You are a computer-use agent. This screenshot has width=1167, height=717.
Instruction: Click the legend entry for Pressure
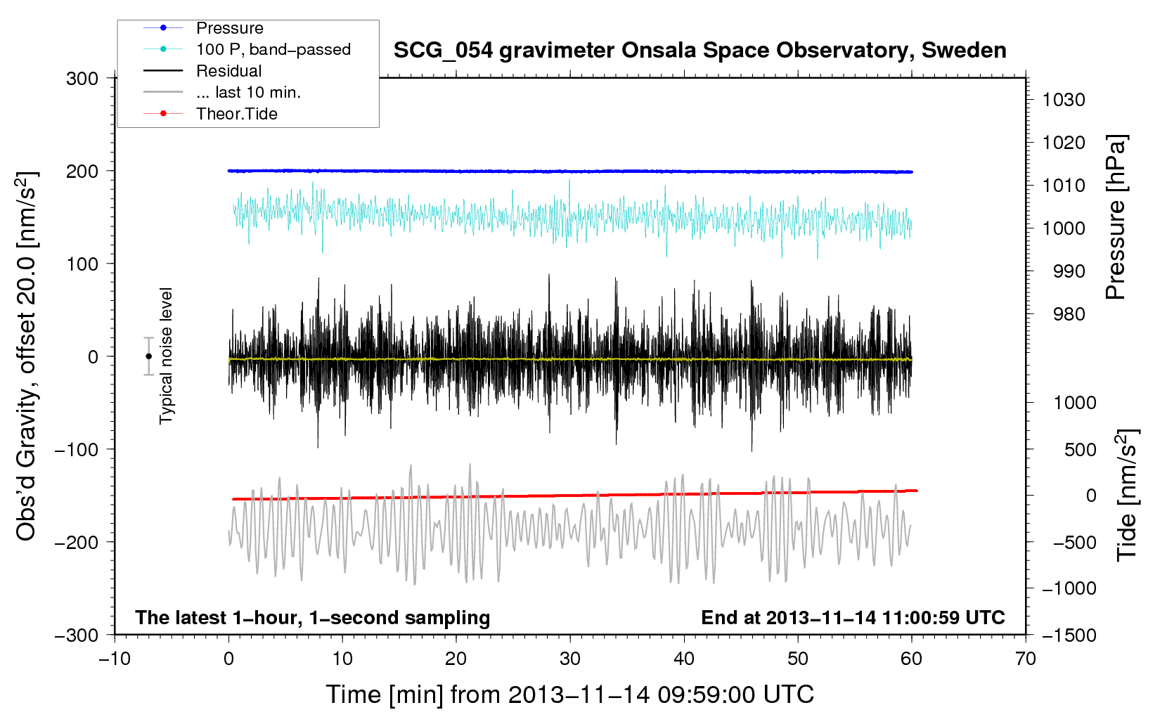pos(230,27)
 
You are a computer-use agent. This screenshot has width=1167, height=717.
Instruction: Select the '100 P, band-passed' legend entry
pos(273,49)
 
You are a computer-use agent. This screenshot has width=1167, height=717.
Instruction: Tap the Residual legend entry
pos(228,71)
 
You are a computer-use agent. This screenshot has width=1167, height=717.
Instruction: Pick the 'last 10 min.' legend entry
pos(248,93)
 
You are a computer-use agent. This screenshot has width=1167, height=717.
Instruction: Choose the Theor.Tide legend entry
pos(236,114)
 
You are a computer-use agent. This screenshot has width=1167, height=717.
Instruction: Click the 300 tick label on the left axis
pos(82,79)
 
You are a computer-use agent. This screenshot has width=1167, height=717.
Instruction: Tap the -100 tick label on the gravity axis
pos(77,449)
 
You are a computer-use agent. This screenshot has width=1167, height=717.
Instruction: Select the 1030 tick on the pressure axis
pos(1064,100)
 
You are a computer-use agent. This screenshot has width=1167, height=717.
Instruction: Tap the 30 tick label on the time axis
pos(570,659)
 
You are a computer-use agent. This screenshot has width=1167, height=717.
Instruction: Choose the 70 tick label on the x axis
pos(1025,659)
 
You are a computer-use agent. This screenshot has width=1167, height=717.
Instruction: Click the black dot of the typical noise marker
pos(148,356)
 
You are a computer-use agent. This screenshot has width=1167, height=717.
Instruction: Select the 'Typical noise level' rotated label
pos(166,356)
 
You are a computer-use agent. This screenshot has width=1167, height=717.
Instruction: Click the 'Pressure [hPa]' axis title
pos(1116,217)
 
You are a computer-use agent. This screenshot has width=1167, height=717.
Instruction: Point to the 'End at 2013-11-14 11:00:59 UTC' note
pos(853,617)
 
